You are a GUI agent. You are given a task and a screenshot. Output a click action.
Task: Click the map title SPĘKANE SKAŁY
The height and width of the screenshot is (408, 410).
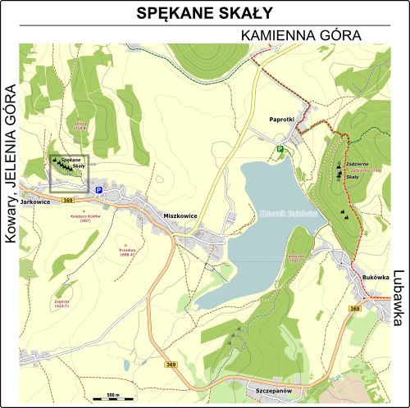point(204,14)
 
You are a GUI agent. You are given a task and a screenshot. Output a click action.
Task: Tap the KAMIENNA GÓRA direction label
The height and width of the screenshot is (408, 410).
point(302,36)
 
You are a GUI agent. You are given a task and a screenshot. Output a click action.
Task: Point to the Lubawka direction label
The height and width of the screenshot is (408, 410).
point(399,298)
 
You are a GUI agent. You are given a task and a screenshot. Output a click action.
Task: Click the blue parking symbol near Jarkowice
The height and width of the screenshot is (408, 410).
point(99,190)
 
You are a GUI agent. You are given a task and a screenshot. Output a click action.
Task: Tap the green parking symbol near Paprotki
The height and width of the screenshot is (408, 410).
point(280,149)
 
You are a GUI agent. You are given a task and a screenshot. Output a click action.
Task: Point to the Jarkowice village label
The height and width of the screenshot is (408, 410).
point(36,201)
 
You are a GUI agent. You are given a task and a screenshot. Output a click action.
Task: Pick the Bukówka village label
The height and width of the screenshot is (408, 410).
point(376,278)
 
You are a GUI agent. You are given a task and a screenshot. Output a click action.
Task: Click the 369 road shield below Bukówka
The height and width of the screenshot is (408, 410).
point(376,308)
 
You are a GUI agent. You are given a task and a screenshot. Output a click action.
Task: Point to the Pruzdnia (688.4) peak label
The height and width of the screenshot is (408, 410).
point(126,252)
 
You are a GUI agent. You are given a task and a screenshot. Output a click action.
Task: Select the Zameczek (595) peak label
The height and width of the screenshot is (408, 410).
point(295,258)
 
